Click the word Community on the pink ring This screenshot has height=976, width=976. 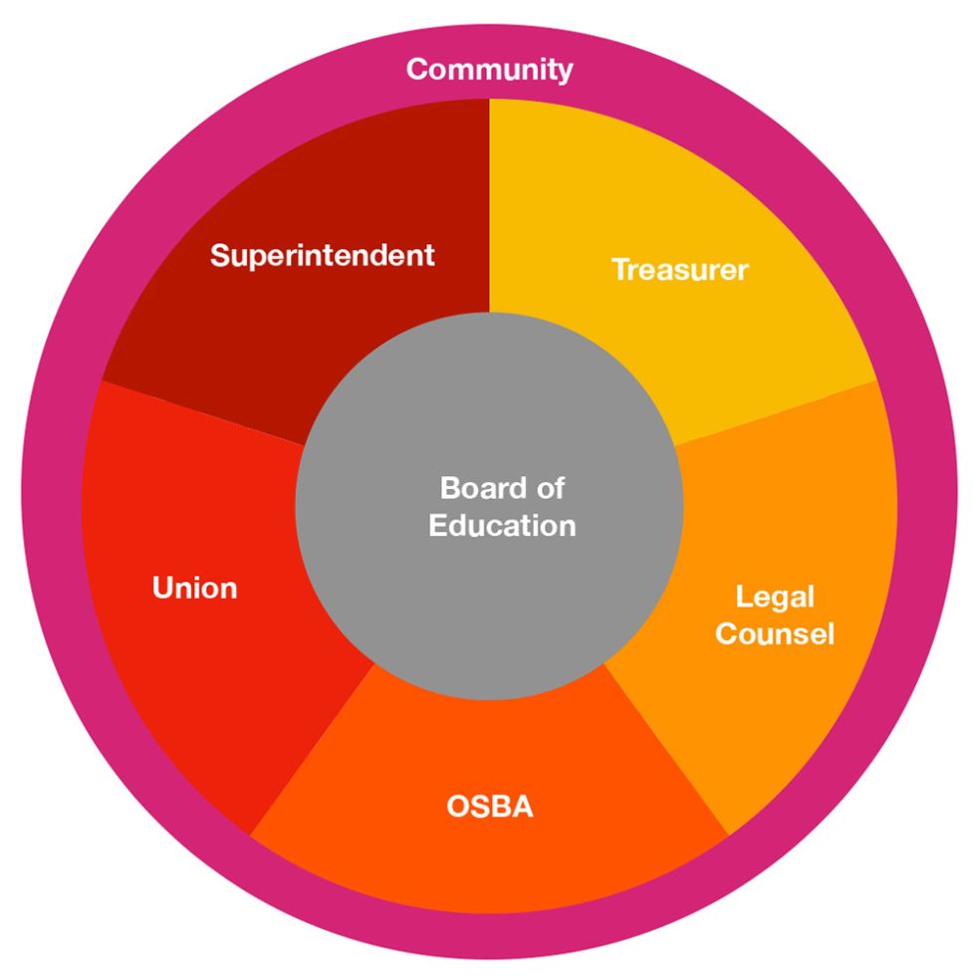489,70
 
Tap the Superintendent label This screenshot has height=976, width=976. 322,255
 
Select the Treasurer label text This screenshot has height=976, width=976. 679,269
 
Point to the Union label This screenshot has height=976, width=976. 195,588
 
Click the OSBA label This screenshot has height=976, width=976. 489,806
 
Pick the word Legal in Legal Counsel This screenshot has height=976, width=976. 775,597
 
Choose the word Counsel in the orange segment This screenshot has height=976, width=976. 775,633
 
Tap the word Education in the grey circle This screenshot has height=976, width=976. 502,525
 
